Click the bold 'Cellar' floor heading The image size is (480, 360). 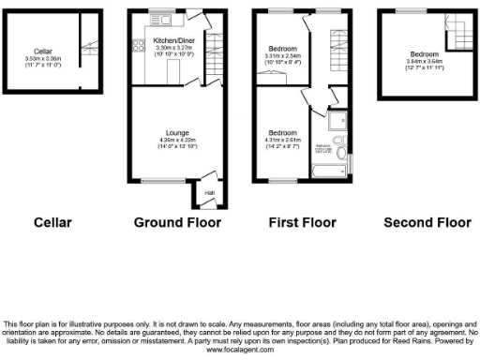pyautogui.click(x=52, y=222)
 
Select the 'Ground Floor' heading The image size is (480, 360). pyautogui.click(x=177, y=222)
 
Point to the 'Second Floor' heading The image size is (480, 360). pyautogui.click(x=427, y=222)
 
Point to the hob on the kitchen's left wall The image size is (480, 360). pyautogui.click(x=137, y=42)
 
